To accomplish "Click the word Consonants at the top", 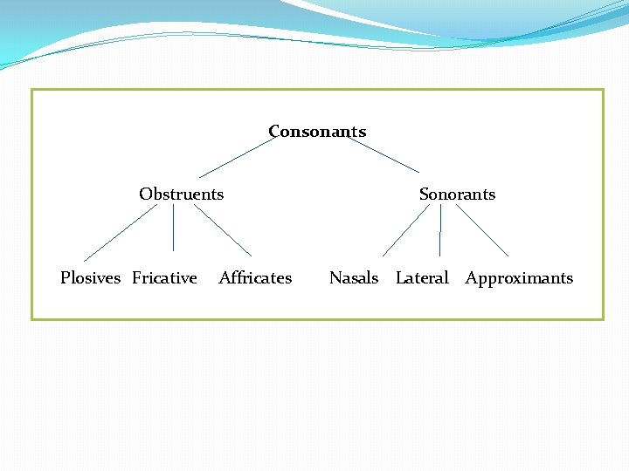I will [x=317, y=132].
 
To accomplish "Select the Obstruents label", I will [x=181, y=194].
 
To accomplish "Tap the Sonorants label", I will [x=457, y=194].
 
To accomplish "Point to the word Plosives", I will [x=90, y=277].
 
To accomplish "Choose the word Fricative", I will [x=164, y=277].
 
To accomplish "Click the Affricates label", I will [x=255, y=277].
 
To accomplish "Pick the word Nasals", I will [x=353, y=277].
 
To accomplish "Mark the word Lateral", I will [x=422, y=277].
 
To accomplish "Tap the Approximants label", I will [x=519, y=277].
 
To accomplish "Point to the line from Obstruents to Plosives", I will [x=120, y=233].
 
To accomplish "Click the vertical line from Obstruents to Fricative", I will [x=173, y=228].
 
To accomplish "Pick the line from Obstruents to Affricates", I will [x=222, y=230].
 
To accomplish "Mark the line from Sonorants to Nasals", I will [x=405, y=230].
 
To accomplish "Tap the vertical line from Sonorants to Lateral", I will [x=440, y=230].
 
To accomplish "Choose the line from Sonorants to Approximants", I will [x=482, y=230].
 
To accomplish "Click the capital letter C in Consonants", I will [x=274, y=132].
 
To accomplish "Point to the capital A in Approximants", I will [x=471, y=277].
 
